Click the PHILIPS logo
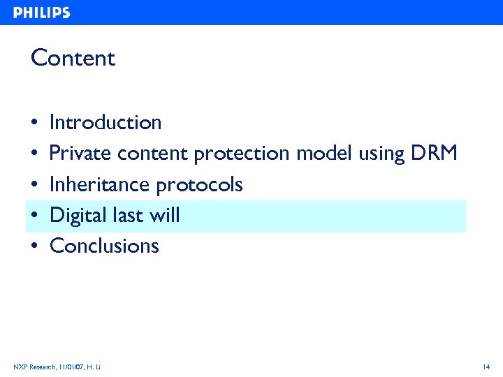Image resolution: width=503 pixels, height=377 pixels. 42,13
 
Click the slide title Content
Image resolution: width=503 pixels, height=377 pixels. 73,58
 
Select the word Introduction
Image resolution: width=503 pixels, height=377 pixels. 105,123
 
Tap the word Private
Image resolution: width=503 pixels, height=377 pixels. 81,154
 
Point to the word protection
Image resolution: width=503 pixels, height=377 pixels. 242,154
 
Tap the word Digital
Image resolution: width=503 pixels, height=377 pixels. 78,215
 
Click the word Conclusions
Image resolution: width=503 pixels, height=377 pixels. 105,246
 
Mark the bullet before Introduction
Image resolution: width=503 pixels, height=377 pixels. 34,124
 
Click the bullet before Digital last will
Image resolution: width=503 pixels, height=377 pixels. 34,216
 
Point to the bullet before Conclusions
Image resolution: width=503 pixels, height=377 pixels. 34,246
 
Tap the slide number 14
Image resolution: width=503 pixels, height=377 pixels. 486,367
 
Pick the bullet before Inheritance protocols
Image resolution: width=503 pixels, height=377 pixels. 34,185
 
